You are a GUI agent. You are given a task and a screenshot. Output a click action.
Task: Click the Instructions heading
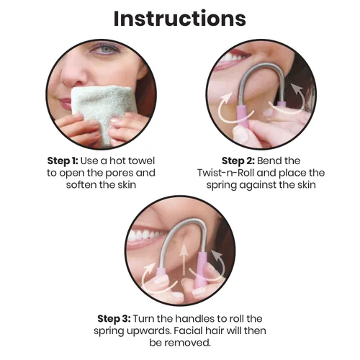[x=180, y=19]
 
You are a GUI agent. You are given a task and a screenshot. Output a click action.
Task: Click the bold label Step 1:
[x=63, y=161]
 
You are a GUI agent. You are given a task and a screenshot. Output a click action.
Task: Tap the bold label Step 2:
[x=238, y=161]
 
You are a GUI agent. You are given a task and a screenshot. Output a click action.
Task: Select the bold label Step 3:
[x=114, y=319]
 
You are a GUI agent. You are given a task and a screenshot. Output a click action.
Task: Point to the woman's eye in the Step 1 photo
[x=105, y=50]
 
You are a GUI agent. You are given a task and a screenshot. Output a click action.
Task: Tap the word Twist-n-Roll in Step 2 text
[x=225, y=173]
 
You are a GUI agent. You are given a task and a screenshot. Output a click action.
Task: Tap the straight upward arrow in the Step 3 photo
[x=184, y=260]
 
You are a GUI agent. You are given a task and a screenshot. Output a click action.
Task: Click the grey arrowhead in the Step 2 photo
[x=296, y=89]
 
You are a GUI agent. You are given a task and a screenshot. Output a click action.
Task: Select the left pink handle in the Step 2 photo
[x=243, y=117]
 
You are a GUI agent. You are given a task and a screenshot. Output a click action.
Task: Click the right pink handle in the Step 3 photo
[x=201, y=271]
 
